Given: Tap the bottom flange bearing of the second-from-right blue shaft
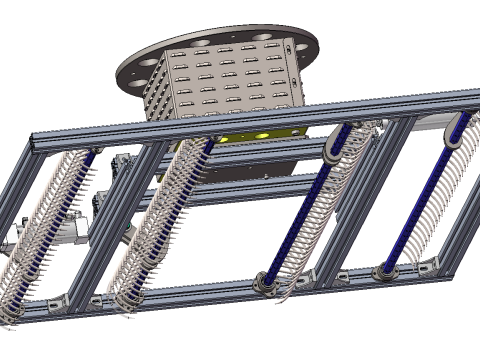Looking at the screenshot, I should click(x=266, y=282).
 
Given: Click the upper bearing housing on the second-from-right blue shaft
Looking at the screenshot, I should click(x=334, y=146).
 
